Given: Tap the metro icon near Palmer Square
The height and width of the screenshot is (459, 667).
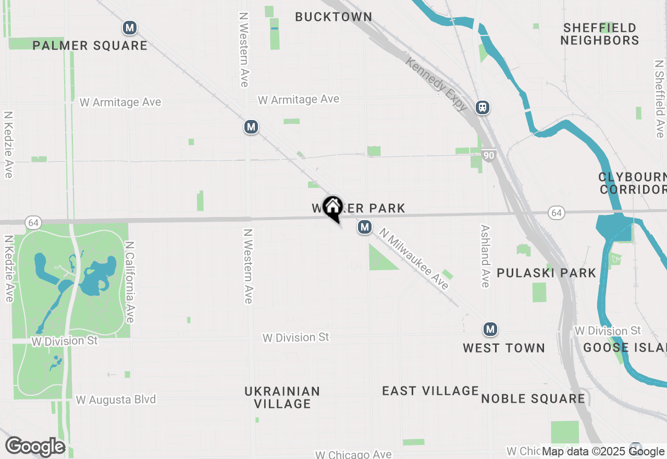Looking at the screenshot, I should pos(130,28).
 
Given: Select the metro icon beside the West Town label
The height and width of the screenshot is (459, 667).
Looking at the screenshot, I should pos(489,329).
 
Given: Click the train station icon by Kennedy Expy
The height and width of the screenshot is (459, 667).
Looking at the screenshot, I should pos(483,107).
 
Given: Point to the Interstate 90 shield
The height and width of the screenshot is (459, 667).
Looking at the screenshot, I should pos(488,155).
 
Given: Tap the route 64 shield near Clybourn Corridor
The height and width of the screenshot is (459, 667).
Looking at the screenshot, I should pos(557,212).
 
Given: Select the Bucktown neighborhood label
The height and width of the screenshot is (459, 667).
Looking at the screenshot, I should pos(333,17).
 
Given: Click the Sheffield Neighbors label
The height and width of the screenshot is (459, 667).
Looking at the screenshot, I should pos(600,34).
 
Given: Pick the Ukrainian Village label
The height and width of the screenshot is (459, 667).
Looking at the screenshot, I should pos(282,397).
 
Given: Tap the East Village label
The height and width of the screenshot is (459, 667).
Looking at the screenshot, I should pos(430,391).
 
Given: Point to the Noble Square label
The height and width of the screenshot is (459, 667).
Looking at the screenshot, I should pos(533,398).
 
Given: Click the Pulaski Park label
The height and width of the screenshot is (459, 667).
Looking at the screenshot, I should pos(546,273).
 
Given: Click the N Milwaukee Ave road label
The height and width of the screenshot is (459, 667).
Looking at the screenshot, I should pos(414,259).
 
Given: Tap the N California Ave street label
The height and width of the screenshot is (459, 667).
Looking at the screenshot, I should pos(130,282).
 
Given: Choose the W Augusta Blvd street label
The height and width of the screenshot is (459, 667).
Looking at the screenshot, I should pos(116,400).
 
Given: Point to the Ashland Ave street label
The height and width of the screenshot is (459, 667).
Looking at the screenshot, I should pos(485,256).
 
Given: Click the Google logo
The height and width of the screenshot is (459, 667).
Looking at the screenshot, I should pos(35,446).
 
